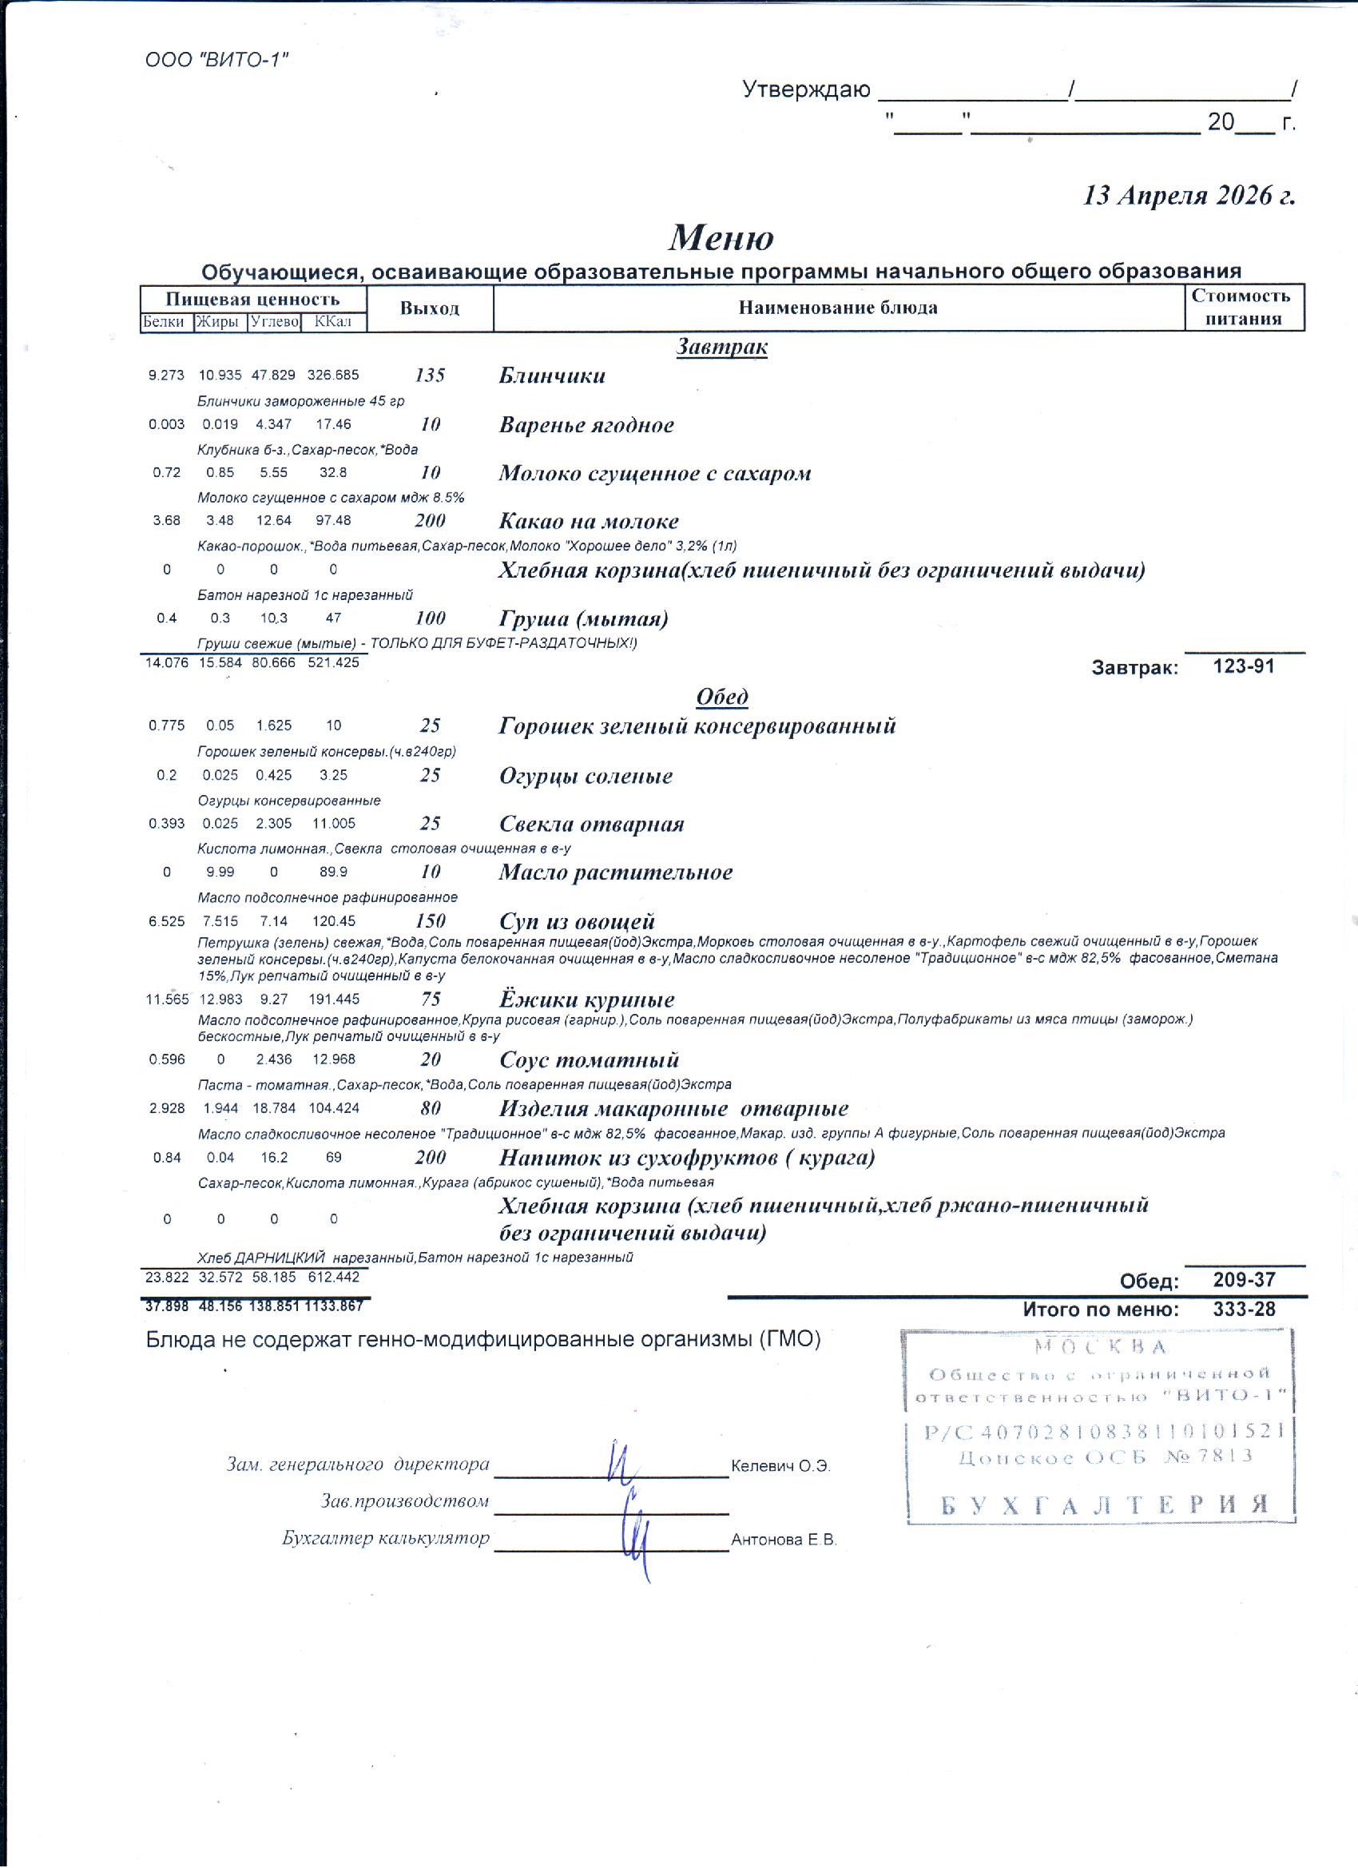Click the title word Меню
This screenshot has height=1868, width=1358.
(x=721, y=237)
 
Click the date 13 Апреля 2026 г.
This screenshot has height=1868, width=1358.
(x=1188, y=195)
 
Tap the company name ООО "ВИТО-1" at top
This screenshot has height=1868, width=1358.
(x=216, y=60)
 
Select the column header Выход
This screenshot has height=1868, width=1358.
(x=429, y=309)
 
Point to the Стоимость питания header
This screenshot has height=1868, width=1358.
(x=1243, y=308)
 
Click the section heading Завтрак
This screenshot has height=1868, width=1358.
(x=721, y=347)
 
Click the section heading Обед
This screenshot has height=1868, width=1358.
(x=721, y=697)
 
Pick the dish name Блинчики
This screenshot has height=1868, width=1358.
(x=552, y=376)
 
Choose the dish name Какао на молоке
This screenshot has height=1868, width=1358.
(x=589, y=522)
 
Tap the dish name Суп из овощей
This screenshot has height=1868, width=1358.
(x=577, y=921)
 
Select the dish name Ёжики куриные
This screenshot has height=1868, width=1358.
(x=586, y=999)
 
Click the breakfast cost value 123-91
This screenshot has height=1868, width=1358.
(x=1244, y=666)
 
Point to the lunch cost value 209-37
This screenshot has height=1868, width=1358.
(x=1244, y=1280)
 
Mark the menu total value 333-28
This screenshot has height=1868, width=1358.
(x=1244, y=1309)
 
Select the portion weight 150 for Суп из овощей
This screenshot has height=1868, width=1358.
(x=430, y=921)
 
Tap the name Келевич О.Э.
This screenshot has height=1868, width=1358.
(x=780, y=1466)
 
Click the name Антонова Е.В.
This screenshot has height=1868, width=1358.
(x=783, y=1540)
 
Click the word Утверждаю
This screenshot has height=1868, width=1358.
(x=805, y=89)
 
